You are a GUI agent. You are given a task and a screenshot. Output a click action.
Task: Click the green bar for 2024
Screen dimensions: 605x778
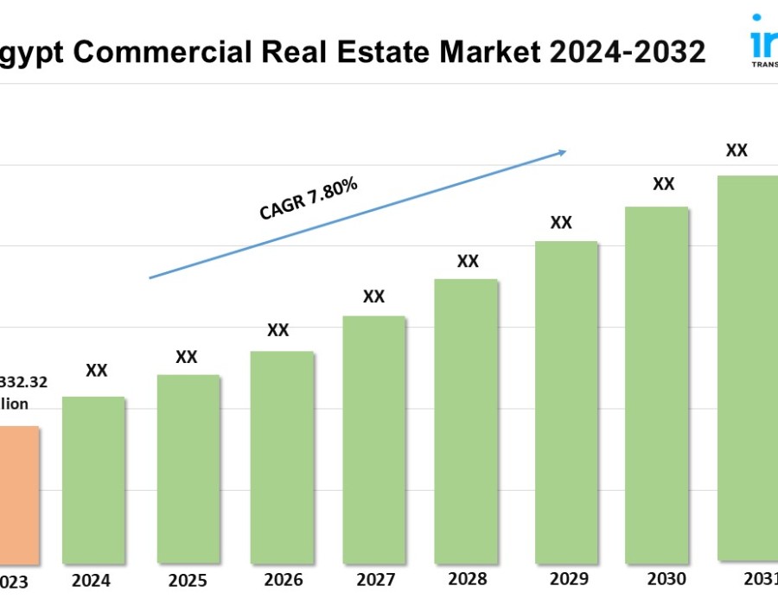pyautogui.click(x=93, y=480)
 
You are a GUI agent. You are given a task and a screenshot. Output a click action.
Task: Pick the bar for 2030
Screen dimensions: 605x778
pyautogui.click(x=657, y=385)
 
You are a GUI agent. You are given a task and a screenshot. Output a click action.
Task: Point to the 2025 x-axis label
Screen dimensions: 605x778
pyautogui.click(x=188, y=579)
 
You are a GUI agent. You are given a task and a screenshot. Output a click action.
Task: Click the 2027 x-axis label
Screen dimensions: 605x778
pyautogui.click(x=374, y=579)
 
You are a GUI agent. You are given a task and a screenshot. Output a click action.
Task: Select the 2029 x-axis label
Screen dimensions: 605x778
pyautogui.click(x=569, y=579)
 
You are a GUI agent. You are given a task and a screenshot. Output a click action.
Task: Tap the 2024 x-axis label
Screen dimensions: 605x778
pyautogui.click(x=92, y=580)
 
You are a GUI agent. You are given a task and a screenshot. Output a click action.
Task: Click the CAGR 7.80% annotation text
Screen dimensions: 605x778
pyautogui.click(x=309, y=199)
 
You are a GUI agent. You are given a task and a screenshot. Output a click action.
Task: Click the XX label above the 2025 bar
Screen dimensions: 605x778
pyautogui.click(x=187, y=357)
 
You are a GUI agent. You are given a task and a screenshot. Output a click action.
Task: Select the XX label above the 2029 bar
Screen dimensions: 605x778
pyautogui.click(x=561, y=223)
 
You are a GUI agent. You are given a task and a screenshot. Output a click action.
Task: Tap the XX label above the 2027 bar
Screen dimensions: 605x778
pyautogui.click(x=373, y=296)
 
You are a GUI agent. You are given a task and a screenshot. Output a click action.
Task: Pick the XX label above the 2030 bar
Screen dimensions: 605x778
pyautogui.click(x=663, y=184)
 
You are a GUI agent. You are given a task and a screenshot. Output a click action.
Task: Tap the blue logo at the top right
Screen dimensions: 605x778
pyautogui.click(x=764, y=39)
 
